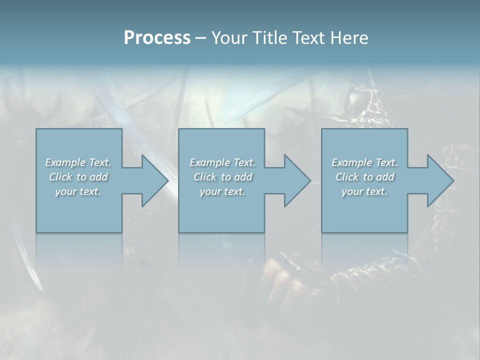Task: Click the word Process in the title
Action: (157, 38)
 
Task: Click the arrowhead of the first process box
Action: (155, 180)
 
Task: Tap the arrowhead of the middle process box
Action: (297, 180)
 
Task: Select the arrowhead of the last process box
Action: (440, 180)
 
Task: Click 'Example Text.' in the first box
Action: (78, 162)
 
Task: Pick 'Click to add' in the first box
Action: (78, 177)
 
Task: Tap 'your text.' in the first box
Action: (78, 191)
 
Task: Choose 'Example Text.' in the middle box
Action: (222, 162)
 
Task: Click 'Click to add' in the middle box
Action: (222, 177)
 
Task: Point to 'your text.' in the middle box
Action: (222, 191)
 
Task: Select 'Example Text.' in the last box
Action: (364, 162)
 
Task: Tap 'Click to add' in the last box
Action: (364, 177)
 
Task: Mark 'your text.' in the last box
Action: (364, 191)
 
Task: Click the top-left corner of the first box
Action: (36, 129)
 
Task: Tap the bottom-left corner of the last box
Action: (322, 232)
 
